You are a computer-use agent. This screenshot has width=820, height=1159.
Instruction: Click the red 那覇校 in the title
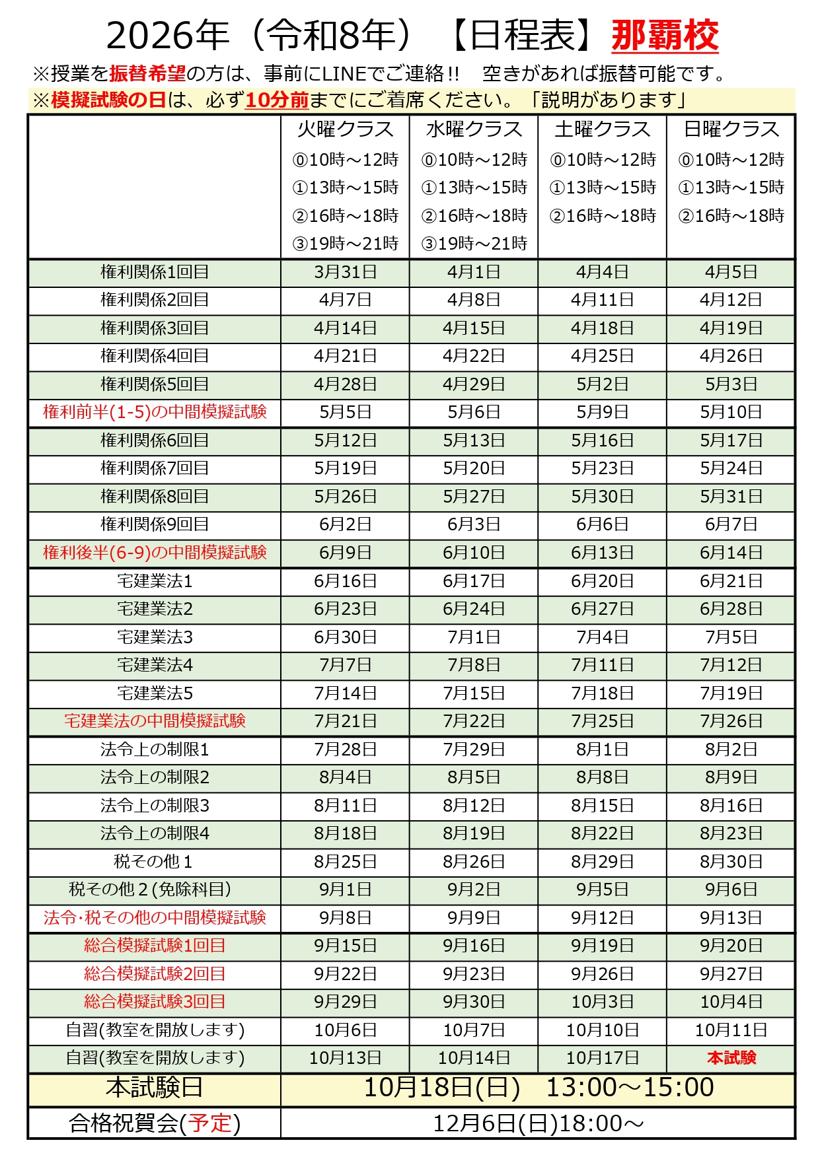tap(665, 36)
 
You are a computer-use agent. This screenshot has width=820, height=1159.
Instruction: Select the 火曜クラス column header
tap(345, 129)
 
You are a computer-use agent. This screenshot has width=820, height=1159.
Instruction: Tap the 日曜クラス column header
tap(731, 129)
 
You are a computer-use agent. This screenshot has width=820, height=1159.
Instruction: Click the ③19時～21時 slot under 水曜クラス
tap(474, 244)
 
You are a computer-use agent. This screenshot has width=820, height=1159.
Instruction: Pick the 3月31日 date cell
tap(345, 272)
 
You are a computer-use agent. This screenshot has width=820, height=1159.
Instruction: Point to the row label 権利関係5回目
tap(155, 384)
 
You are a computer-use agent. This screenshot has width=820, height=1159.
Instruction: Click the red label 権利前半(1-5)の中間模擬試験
tap(155, 412)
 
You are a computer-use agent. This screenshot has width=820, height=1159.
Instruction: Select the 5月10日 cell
tap(731, 412)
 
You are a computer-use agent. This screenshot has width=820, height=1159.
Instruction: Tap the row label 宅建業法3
tap(155, 637)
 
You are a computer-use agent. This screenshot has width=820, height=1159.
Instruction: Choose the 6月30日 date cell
tap(345, 637)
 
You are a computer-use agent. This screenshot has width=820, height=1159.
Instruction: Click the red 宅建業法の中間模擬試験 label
tap(155, 721)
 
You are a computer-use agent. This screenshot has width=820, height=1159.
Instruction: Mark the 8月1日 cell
tap(602, 750)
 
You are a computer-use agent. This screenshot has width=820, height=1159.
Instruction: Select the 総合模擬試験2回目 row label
tap(155, 974)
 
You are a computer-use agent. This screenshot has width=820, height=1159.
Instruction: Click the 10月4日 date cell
tap(731, 1002)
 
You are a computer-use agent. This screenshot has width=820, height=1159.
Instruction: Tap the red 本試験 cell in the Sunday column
tap(731, 1058)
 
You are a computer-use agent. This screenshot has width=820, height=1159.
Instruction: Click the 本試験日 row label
tap(155, 1088)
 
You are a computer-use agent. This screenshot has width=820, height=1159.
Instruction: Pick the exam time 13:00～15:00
tap(630, 1088)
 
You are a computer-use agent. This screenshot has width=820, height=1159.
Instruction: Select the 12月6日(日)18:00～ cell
tap(538, 1123)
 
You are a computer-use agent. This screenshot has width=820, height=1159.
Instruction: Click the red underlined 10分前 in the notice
tap(277, 100)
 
